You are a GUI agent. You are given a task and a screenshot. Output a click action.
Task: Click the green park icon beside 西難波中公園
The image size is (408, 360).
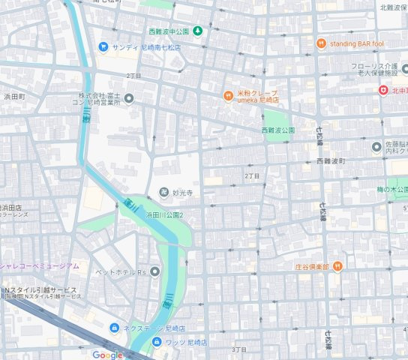point(198,31)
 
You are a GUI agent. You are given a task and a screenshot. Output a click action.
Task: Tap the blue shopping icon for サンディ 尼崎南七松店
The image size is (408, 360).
point(103,46)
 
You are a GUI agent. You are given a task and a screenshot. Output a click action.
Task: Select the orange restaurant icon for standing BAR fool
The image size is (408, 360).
point(321,43)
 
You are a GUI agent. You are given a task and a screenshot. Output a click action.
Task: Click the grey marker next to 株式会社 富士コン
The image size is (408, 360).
point(129,98)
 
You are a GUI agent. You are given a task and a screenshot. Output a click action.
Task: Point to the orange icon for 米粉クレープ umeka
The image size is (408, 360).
point(229,95)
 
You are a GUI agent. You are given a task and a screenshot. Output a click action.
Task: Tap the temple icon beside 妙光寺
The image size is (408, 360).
point(163,192)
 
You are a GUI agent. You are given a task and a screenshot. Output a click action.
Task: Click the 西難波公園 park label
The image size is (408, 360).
point(278,130)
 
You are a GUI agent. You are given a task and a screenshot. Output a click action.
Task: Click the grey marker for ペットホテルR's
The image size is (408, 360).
point(154,270)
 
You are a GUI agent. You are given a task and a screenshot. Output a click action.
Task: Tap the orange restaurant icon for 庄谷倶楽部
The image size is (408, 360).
point(338,265)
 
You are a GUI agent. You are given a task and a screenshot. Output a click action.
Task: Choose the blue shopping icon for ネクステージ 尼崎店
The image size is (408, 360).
point(114,328)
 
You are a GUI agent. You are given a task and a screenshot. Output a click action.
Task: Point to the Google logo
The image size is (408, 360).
point(107,355)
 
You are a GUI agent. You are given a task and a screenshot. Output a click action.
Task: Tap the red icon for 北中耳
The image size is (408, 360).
point(382,90)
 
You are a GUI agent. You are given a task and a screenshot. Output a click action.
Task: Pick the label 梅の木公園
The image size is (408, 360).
point(393,190)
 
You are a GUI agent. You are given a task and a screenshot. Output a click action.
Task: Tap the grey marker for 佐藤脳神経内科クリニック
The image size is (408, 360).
point(376,146)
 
